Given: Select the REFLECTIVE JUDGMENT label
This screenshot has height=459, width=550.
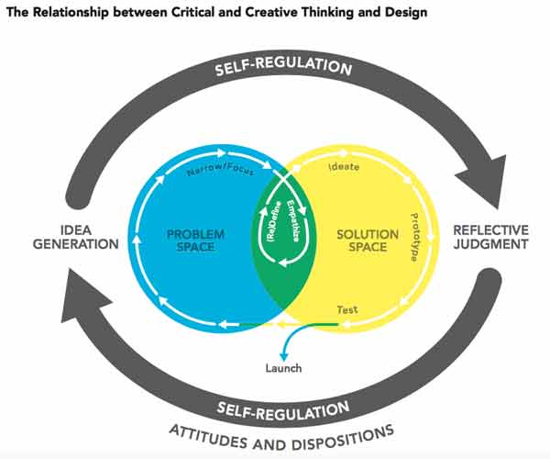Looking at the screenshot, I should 492,237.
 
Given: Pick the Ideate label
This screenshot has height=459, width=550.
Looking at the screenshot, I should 344,168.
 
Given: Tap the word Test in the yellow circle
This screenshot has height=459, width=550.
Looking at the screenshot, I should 347,309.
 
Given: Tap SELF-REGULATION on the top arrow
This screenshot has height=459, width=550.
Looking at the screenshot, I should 283,68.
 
